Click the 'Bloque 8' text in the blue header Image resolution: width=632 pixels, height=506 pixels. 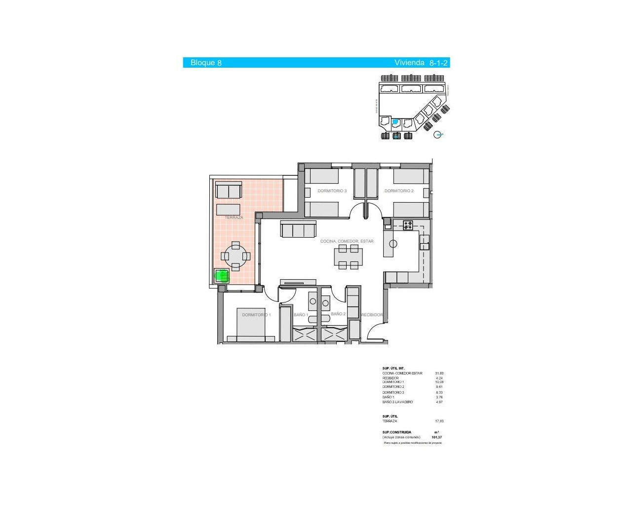[206, 63]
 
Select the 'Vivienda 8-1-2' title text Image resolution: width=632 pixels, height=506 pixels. [421, 63]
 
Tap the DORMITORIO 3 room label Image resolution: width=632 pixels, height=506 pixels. [332, 191]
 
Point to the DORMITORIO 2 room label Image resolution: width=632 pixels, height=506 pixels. [399, 191]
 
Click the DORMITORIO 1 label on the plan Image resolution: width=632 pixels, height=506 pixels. [256, 315]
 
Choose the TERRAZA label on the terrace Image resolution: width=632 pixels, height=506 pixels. [234, 217]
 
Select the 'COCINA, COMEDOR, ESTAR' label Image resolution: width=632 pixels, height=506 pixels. [347, 241]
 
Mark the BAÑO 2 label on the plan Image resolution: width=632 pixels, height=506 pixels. [338, 314]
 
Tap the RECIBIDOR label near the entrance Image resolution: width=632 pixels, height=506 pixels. [372, 315]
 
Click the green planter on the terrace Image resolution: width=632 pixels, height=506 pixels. [222, 276]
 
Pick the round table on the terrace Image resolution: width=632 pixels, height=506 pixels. [236, 256]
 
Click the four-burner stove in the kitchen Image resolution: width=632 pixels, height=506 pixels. [408, 225]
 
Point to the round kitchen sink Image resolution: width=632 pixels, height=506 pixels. [393, 244]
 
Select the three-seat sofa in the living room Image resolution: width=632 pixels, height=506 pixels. [298, 229]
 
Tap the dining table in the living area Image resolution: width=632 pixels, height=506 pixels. [348, 257]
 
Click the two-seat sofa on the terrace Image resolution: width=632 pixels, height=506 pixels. [229, 190]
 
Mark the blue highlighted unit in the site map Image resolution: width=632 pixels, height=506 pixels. [395, 122]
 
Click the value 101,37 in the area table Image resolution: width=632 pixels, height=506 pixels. [436, 437]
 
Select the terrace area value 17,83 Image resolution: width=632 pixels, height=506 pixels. [439, 421]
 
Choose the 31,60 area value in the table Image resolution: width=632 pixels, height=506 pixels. [439, 373]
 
